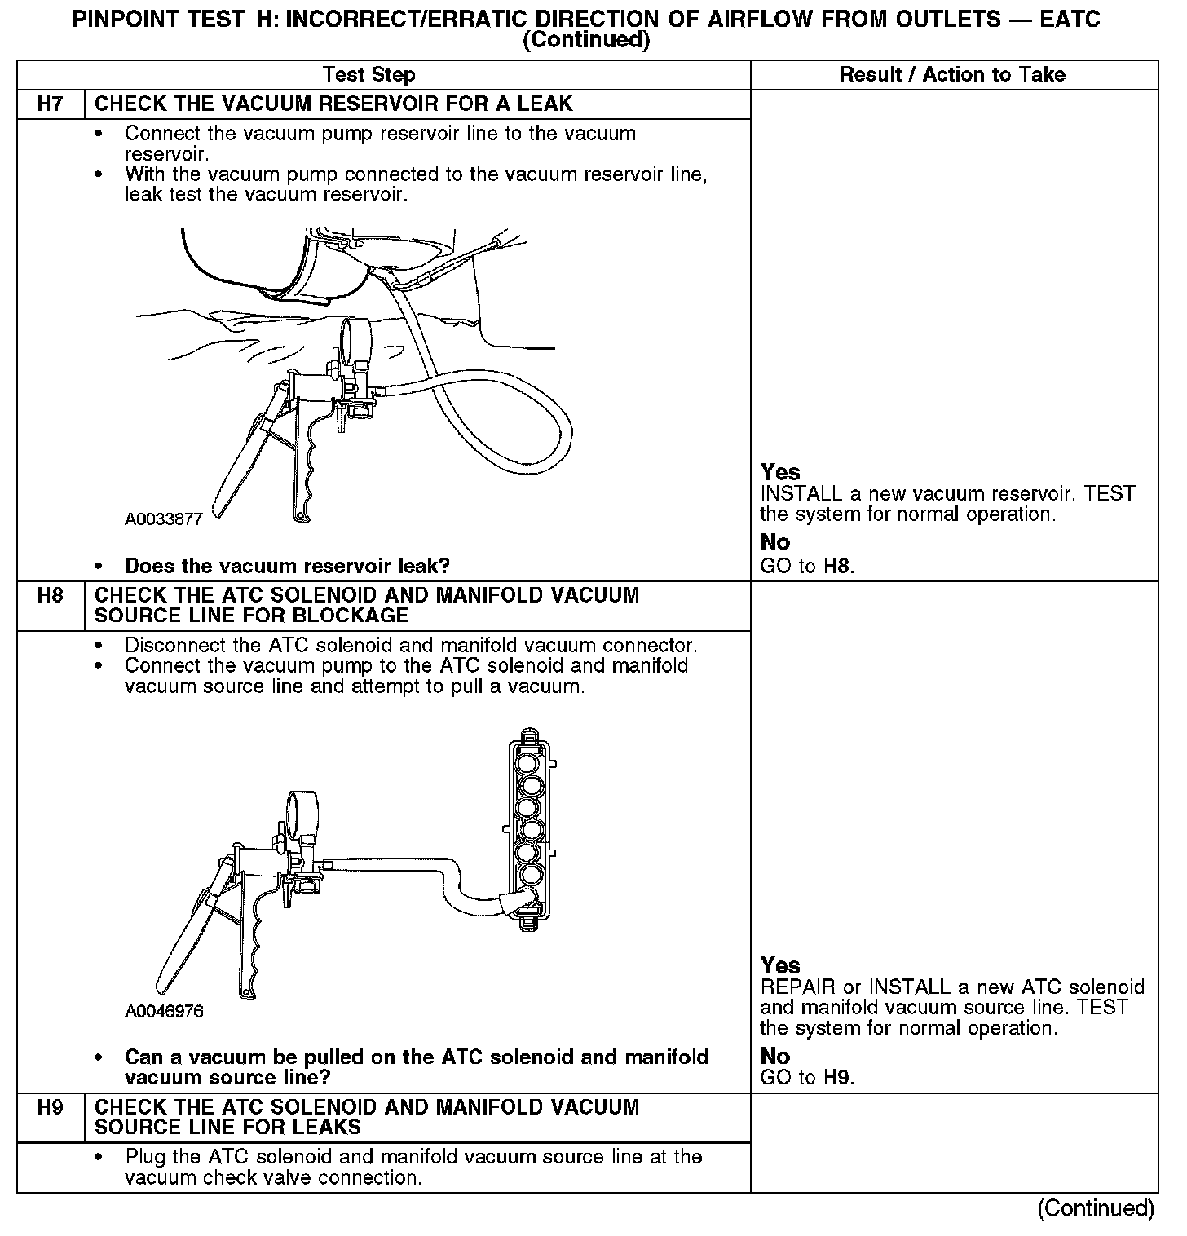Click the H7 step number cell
click(51, 104)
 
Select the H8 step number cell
click(51, 596)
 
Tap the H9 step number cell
click(51, 1108)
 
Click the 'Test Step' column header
click(369, 75)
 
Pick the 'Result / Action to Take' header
click(952, 75)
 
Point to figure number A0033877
click(163, 519)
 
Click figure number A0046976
click(164, 1012)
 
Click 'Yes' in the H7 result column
click(780, 472)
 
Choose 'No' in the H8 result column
click(775, 1056)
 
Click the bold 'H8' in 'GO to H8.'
click(838, 566)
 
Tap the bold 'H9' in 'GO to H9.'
click(838, 1078)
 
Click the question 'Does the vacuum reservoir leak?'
click(287, 566)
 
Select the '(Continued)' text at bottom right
click(1096, 1208)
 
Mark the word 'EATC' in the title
click(1069, 20)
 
